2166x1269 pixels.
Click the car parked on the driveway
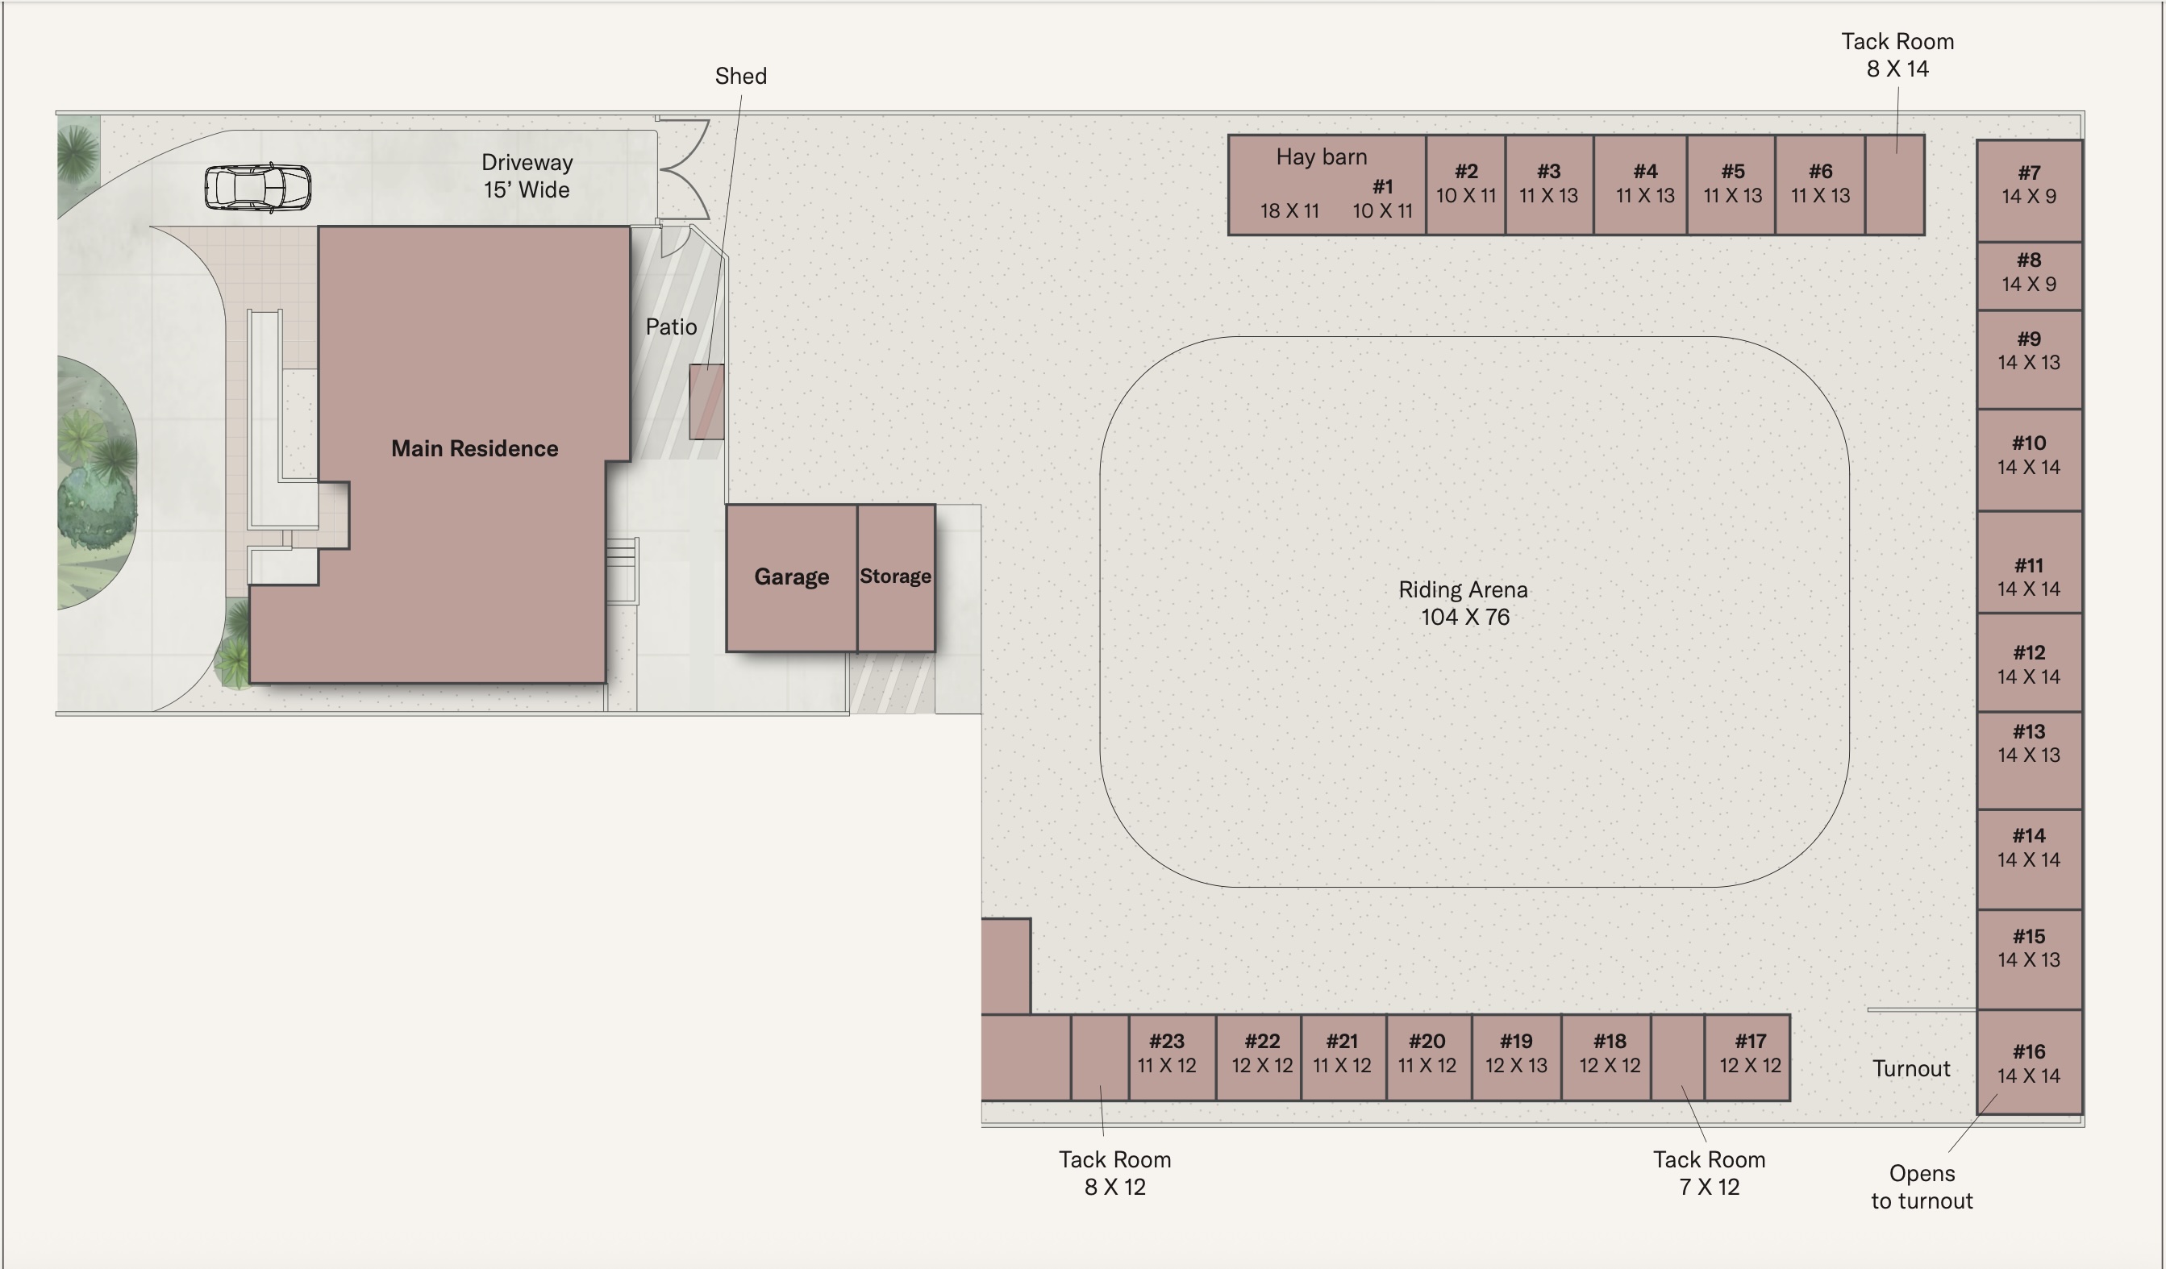[x=258, y=187]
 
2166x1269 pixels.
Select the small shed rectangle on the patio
[x=706, y=402]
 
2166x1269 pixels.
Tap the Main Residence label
[x=474, y=448]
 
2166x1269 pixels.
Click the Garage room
[x=792, y=578]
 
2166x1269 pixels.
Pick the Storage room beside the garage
[x=897, y=578]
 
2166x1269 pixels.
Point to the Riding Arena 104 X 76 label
[x=1464, y=603]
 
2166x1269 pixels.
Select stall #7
[x=2030, y=191]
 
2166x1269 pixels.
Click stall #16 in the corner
[x=2030, y=1062]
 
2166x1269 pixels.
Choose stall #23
[x=1173, y=1058]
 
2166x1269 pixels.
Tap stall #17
[x=1747, y=1058]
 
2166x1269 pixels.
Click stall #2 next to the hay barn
[x=1465, y=185]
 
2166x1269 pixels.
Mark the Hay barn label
[x=1321, y=157]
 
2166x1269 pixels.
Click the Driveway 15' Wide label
[x=527, y=176]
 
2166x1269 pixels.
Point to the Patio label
[x=670, y=327]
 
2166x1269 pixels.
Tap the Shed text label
[x=741, y=77]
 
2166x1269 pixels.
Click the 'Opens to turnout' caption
[x=1922, y=1188]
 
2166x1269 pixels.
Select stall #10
[x=2030, y=460]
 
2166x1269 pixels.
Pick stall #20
[x=1428, y=1058]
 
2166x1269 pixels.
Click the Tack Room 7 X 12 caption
[x=1709, y=1174]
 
